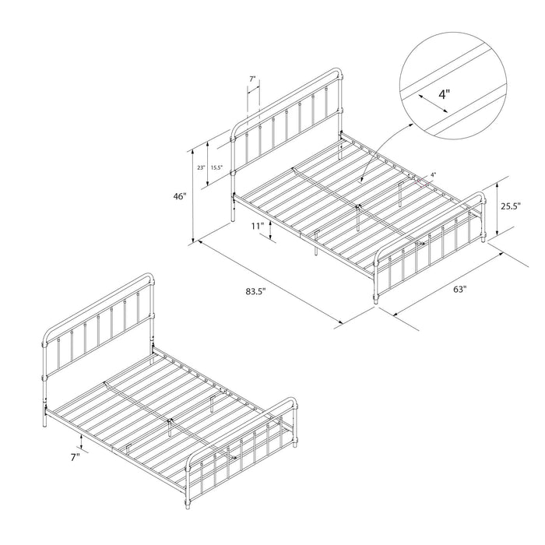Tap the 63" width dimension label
coord(459,290)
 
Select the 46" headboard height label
coord(180,197)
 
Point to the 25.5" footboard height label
coord(510,207)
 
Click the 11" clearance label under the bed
coord(258,227)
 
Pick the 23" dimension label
coord(201,167)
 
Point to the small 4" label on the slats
coord(434,174)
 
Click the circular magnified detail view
coord(452,86)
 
